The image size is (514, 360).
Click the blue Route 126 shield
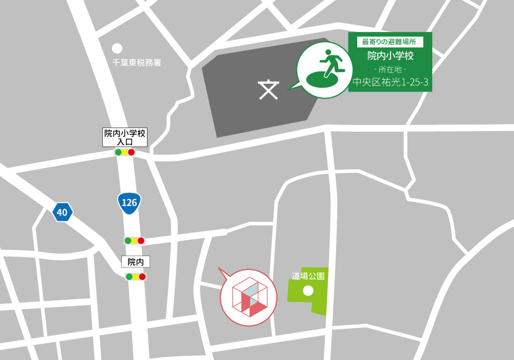[129, 203]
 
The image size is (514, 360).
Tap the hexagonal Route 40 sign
[63, 212]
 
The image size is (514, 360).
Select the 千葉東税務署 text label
[137, 63]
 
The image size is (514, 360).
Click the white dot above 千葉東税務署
[117, 48]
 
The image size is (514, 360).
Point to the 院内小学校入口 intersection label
[125, 137]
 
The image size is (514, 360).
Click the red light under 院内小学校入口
[131, 152]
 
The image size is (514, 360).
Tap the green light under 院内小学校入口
[118, 152]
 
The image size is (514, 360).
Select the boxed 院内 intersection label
[136, 262]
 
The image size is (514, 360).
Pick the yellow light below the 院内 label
[136, 277]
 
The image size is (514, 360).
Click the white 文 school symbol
[268, 90]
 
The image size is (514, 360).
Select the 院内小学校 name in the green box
[390, 56]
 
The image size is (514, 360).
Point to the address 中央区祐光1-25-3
[390, 82]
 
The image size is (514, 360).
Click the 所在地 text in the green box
[390, 69]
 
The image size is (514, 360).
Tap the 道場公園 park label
[308, 276]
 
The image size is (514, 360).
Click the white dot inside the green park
[308, 291]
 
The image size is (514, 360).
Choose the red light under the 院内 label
[142, 277]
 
